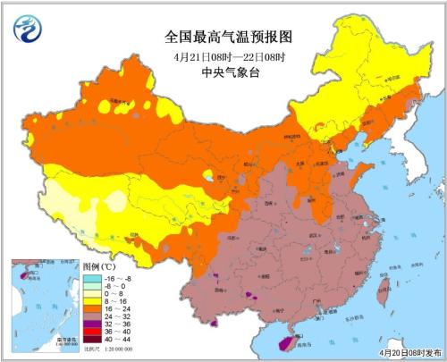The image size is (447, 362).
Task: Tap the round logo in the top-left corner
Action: [x=30, y=30]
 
